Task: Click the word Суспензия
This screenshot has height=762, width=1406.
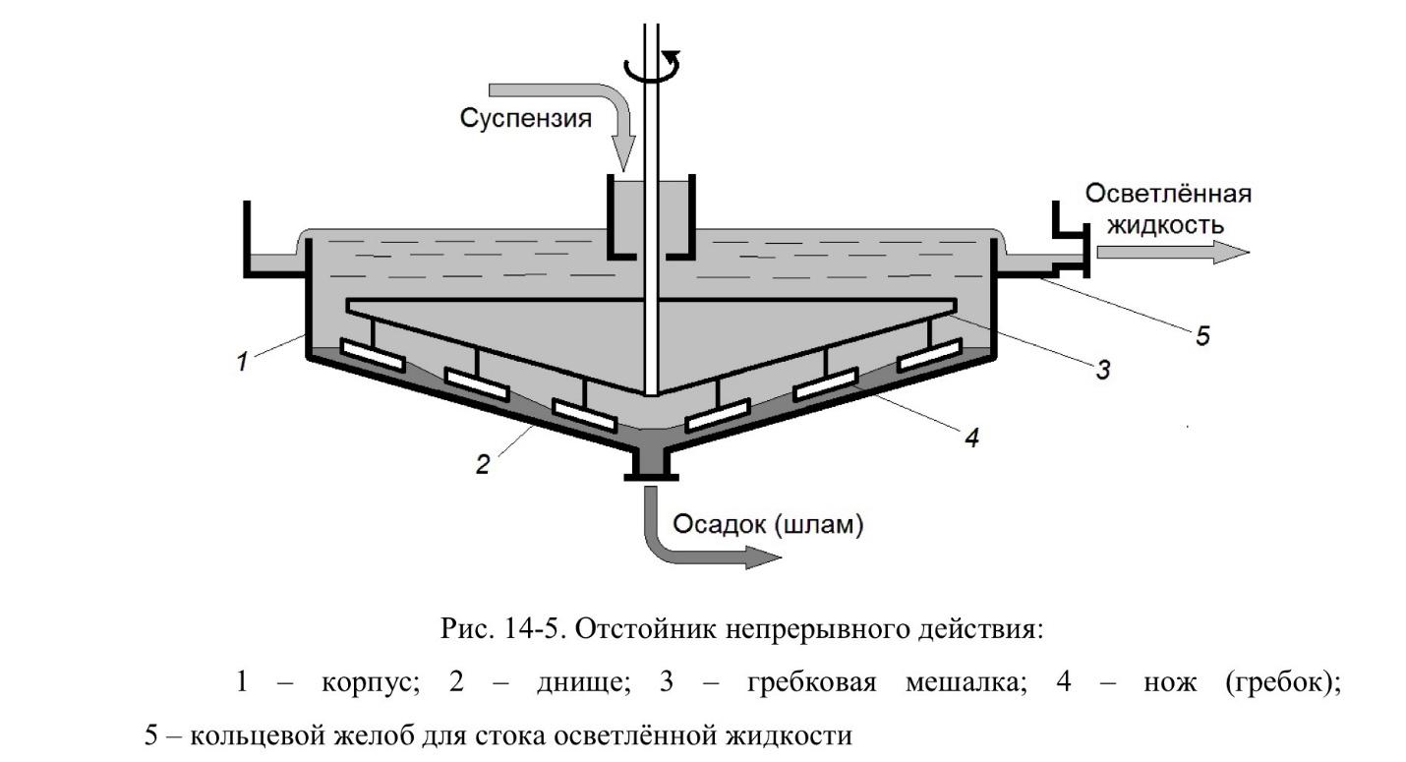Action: [526, 119]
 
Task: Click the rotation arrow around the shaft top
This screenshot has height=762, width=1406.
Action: [651, 69]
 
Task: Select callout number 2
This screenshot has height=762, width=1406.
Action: [482, 464]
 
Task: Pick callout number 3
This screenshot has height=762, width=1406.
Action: [1103, 370]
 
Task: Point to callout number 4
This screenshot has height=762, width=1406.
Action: [970, 438]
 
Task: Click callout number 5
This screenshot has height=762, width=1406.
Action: [1202, 336]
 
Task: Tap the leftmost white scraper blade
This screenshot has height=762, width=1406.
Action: [373, 355]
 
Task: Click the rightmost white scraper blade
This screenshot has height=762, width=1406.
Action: [929, 355]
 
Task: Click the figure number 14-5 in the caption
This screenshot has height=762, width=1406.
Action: [533, 630]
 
